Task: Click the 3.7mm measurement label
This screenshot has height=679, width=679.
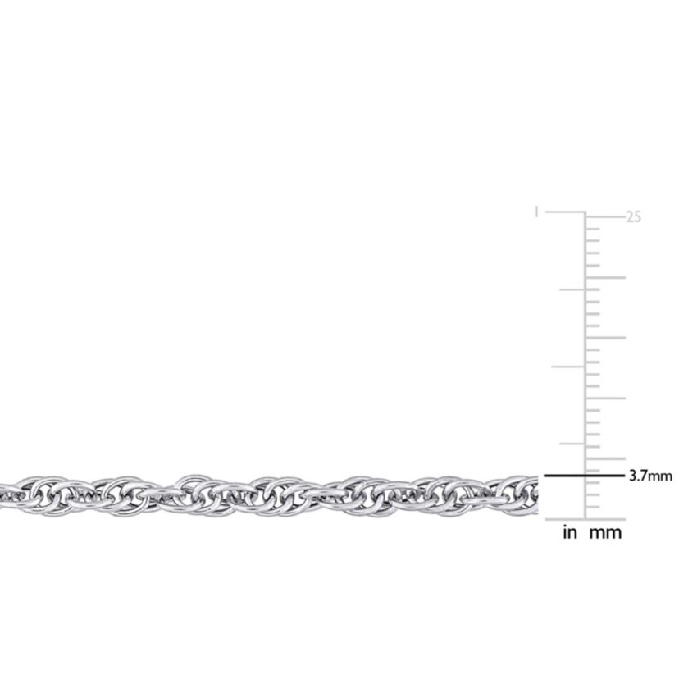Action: pyautogui.click(x=649, y=476)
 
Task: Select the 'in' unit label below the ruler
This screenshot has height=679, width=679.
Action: pyautogui.click(x=570, y=533)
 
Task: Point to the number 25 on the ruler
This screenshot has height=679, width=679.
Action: pyautogui.click(x=633, y=217)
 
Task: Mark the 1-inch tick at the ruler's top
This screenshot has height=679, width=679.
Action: pyautogui.click(x=564, y=212)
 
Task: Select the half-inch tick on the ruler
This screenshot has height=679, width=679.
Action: pyautogui.click(x=567, y=367)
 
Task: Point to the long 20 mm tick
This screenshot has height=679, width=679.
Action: pyautogui.click(x=605, y=277)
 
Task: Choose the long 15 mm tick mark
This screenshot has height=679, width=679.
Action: pyautogui.click(x=605, y=338)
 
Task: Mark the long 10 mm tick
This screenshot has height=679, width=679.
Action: pyautogui.click(x=605, y=399)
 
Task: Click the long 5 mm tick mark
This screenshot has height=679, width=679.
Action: pyautogui.click(x=605, y=459)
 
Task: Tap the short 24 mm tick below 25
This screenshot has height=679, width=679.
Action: pyautogui.click(x=593, y=229)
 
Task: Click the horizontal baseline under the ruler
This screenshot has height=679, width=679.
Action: pyautogui.click(x=584, y=519)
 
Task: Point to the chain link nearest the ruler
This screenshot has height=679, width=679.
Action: pyautogui.click(x=525, y=492)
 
